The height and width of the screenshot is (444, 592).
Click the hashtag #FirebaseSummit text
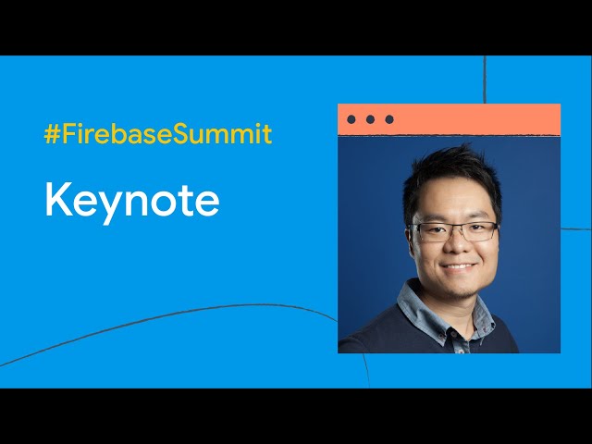coord(158,133)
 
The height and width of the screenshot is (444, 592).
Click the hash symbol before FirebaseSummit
coord(52,133)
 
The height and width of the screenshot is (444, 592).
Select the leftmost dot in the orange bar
coord(351,119)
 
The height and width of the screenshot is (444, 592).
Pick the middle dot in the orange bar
coord(370,119)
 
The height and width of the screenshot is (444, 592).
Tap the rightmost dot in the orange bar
coord(389,119)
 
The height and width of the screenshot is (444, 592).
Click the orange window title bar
coord(449,119)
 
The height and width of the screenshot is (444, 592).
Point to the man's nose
coord(456,244)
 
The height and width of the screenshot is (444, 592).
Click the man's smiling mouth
coord(458,266)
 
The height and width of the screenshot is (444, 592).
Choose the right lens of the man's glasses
coord(480,230)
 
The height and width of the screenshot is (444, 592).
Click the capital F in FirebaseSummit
coord(68,133)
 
